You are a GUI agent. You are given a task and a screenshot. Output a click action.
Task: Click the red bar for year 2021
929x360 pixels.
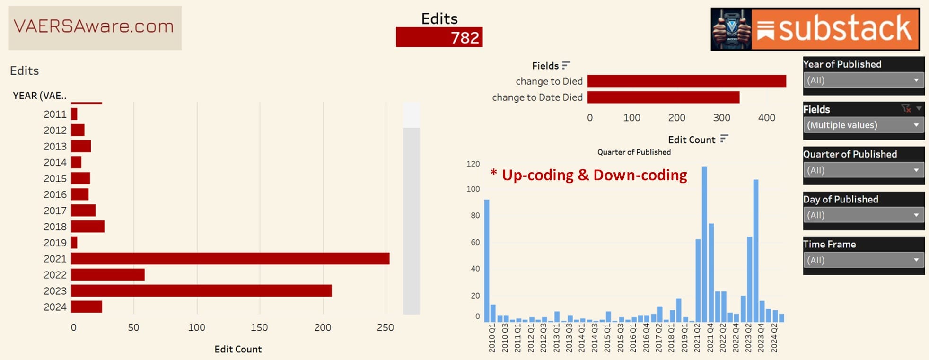pyautogui.click(x=230, y=259)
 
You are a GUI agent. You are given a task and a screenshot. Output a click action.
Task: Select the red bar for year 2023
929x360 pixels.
pyautogui.click(x=202, y=290)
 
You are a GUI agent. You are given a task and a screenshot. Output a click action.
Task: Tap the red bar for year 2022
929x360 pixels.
pyautogui.click(x=108, y=275)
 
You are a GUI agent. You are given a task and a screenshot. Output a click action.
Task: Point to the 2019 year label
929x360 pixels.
pyautogui.click(x=55, y=243)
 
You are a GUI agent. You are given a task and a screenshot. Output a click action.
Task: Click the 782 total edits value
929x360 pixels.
pyautogui.click(x=465, y=37)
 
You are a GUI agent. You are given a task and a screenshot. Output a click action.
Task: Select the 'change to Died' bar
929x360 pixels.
pyautogui.click(x=687, y=81)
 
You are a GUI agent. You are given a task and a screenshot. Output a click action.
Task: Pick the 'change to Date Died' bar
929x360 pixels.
pyautogui.click(x=663, y=97)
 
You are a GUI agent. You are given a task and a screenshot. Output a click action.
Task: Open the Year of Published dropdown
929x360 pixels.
pyautogui.click(x=864, y=80)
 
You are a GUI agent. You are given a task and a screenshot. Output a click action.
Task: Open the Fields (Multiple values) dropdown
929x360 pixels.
pyautogui.click(x=864, y=125)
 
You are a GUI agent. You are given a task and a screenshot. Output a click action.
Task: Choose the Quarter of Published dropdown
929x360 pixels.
pyautogui.click(x=864, y=170)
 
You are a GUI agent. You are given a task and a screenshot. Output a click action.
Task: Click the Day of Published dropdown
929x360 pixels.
pyautogui.click(x=864, y=215)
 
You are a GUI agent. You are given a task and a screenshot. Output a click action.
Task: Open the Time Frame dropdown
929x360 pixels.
pyautogui.click(x=864, y=260)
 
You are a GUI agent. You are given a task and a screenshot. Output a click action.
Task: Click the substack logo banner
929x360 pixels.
pyautogui.click(x=815, y=29)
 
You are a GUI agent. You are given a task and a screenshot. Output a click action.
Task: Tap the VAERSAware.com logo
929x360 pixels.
pyautogui.click(x=95, y=28)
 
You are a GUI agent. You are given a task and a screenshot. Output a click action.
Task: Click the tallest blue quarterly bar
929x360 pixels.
pyautogui.click(x=704, y=244)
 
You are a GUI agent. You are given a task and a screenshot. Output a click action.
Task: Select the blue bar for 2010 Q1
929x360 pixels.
pyautogui.click(x=487, y=261)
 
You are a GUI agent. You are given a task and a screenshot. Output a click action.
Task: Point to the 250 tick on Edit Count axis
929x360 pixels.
pyautogui.click(x=386, y=327)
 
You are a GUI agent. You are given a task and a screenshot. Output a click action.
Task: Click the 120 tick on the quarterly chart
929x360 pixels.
pyautogui.click(x=473, y=164)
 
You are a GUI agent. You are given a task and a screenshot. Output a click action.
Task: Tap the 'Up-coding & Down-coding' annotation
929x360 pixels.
pyautogui.click(x=589, y=175)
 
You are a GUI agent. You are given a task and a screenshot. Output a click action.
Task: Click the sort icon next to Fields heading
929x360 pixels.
pyautogui.click(x=566, y=65)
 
